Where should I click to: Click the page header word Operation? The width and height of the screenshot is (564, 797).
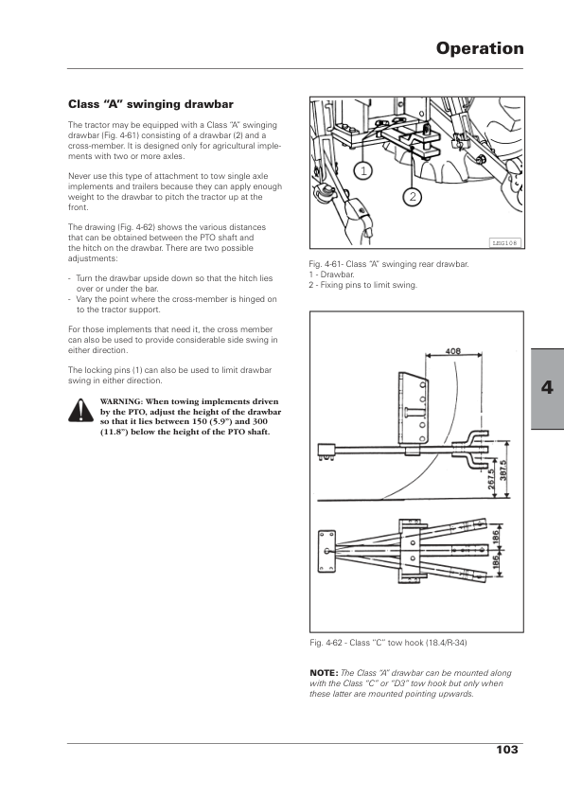(x=480, y=48)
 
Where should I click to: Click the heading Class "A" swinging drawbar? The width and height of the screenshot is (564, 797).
(x=150, y=104)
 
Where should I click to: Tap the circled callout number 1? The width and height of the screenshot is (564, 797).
(x=363, y=171)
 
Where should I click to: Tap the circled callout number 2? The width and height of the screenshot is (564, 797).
(x=413, y=196)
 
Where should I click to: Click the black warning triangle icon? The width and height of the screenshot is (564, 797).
(x=80, y=410)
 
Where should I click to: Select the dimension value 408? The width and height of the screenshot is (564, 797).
(x=452, y=351)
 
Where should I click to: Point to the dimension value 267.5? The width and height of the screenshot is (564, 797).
(x=491, y=479)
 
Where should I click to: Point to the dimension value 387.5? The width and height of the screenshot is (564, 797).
(x=503, y=470)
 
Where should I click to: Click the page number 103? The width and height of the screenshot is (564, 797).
(x=507, y=750)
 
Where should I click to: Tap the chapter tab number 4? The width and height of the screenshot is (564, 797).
(x=547, y=388)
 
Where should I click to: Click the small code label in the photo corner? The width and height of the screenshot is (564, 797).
(x=505, y=243)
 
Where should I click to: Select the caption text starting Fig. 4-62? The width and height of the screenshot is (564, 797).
(x=388, y=643)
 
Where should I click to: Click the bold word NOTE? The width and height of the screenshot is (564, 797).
(x=324, y=673)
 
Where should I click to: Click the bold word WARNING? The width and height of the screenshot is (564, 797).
(x=122, y=401)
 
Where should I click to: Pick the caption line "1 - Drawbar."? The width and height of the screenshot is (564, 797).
(x=332, y=275)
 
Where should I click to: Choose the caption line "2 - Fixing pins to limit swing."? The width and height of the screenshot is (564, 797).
(x=362, y=285)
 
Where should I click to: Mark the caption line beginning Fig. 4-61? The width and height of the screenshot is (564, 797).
(x=389, y=264)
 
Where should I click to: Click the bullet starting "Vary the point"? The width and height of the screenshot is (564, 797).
(x=173, y=305)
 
